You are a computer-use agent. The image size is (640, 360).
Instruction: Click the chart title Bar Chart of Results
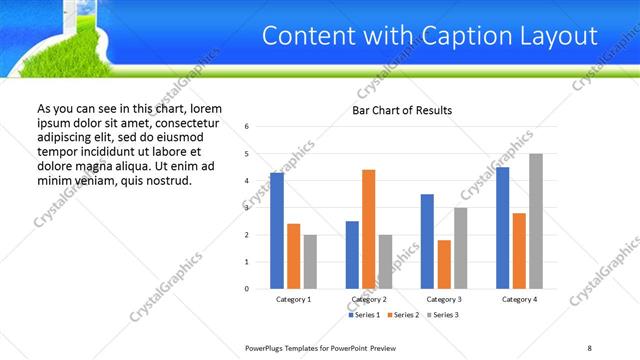(x=401, y=110)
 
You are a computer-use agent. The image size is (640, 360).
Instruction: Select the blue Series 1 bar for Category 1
(x=277, y=230)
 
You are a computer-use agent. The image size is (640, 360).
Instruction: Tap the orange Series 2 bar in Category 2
(x=368, y=229)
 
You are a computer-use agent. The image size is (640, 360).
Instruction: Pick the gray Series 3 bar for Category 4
(x=536, y=221)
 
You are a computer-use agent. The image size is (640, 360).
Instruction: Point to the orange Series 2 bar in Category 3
(x=444, y=264)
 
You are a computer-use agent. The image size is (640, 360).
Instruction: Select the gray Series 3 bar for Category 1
(x=310, y=262)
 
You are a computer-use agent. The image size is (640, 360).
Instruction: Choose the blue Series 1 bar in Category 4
(x=503, y=227)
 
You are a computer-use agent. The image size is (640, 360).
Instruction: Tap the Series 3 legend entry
(x=446, y=315)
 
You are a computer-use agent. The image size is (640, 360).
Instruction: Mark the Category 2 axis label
(x=369, y=299)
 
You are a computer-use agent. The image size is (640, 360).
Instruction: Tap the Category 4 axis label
(x=519, y=299)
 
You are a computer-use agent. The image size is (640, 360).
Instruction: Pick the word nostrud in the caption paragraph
(x=164, y=180)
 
